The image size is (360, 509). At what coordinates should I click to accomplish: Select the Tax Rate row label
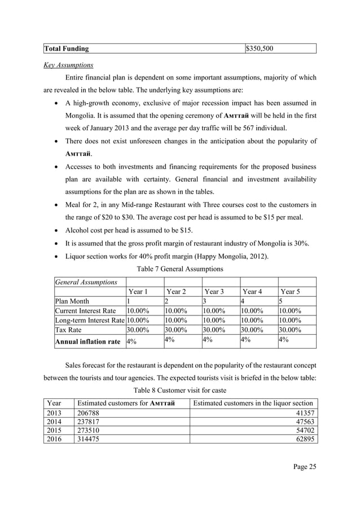[68, 330]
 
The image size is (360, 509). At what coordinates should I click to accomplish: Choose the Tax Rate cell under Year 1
[138, 330]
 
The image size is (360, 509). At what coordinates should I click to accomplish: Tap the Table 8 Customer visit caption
[179, 390]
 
